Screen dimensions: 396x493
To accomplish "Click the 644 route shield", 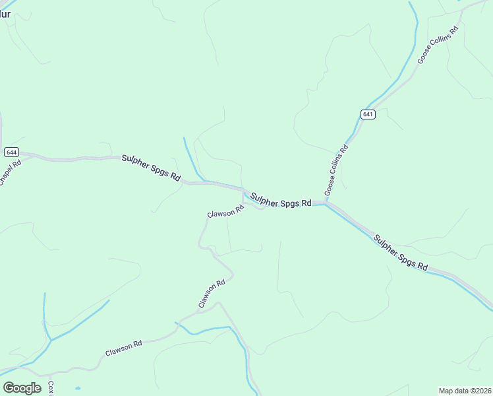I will pyautogui.click(x=11, y=152).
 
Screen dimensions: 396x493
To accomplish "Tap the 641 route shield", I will pyautogui.click(x=368, y=114).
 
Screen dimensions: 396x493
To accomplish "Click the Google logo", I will pyautogui.click(x=22, y=388).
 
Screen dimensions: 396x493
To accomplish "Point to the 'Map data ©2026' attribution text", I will pyautogui.click(x=465, y=391).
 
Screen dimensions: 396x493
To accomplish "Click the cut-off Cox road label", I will pyautogui.click(x=51, y=388).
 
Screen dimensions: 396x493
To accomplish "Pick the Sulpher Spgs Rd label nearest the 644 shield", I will pyautogui.click(x=151, y=168).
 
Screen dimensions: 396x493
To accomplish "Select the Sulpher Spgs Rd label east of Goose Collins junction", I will pyautogui.click(x=401, y=253).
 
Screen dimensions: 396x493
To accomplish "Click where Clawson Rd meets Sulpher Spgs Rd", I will pyautogui.click(x=245, y=192).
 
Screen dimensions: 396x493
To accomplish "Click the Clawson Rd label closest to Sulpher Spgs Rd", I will pyautogui.click(x=226, y=212).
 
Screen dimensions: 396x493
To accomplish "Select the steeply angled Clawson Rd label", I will pyautogui.click(x=212, y=294).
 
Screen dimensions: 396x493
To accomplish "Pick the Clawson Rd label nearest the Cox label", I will pyautogui.click(x=124, y=348).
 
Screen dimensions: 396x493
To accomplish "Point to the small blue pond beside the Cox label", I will pyautogui.click(x=78, y=387).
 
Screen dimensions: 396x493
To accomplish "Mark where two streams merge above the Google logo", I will pyautogui.click(x=50, y=341).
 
